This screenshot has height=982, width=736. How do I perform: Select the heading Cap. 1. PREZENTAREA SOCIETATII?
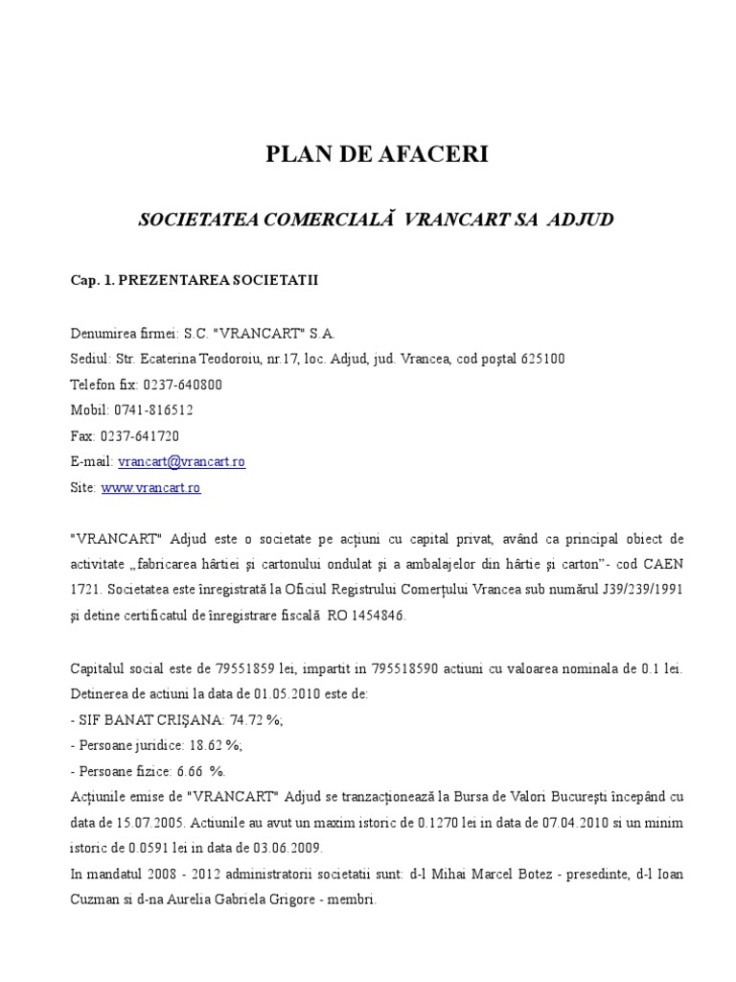[x=194, y=282]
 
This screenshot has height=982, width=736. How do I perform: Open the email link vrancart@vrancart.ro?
[x=181, y=461]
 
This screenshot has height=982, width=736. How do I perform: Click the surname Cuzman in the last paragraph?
[x=93, y=900]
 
